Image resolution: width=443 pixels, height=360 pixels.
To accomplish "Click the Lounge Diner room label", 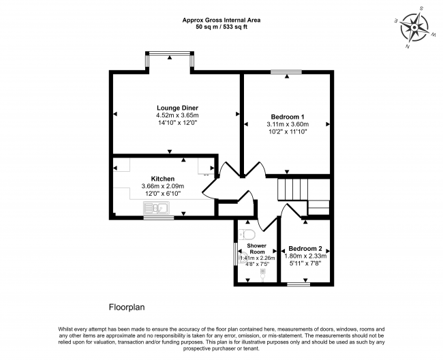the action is [x=177, y=108].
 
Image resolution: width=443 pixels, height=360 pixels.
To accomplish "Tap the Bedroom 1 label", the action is [x=288, y=117].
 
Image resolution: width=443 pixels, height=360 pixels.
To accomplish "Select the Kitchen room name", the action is [x=163, y=179].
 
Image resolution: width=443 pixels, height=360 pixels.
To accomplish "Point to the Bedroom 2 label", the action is [x=305, y=249].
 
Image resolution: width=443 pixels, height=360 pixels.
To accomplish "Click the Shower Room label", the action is [x=256, y=249].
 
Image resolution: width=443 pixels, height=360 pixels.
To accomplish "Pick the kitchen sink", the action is [x=156, y=208].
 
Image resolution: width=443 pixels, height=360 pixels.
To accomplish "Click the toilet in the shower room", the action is [x=247, y=235].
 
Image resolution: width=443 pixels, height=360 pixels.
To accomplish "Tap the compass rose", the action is [x=414, y=28].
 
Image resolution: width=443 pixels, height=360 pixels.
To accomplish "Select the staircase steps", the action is [x=292, y=190].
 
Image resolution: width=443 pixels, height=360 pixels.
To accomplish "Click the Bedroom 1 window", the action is [x=286, y=72].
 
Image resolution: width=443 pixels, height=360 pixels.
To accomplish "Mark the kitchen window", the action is [x=159, y=217].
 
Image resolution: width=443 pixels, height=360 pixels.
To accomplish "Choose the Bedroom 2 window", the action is [x=299, y=284].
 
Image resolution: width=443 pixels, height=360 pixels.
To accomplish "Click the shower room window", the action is [x=236, y=254].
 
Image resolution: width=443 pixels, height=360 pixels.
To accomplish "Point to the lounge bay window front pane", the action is [x=170, y=53].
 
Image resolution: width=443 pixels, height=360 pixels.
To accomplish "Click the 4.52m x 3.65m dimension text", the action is [x=177, y=115].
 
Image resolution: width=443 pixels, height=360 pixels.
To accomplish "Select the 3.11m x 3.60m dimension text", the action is [x=288, y=124].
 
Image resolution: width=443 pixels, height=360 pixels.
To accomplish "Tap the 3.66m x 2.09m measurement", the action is [x=163, y=186].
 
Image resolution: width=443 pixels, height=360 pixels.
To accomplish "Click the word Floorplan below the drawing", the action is [x=127, y=307].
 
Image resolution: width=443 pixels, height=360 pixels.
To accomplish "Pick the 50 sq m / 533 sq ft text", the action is [x=221, y=27].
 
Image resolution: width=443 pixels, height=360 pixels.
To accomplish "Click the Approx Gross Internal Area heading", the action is [x=221, y=20].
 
